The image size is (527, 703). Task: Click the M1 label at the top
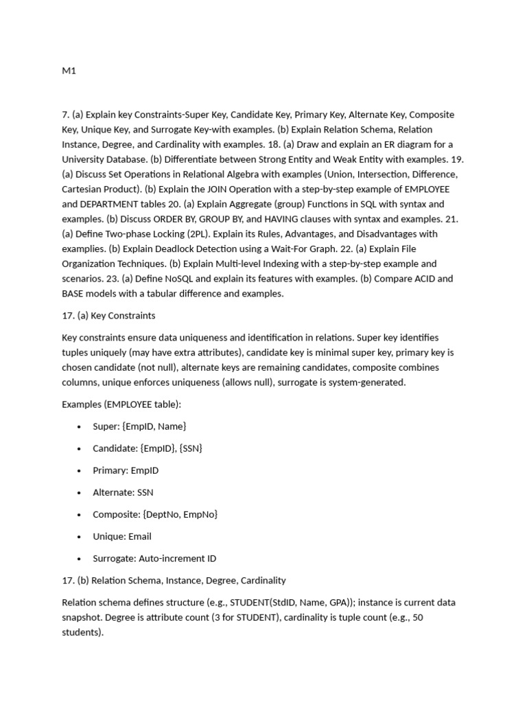point(69,71)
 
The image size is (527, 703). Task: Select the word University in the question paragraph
point(84,159)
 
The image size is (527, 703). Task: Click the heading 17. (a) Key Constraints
point(108,316)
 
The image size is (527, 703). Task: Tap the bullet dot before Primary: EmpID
point(80,471)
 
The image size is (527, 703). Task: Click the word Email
point(139,536)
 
